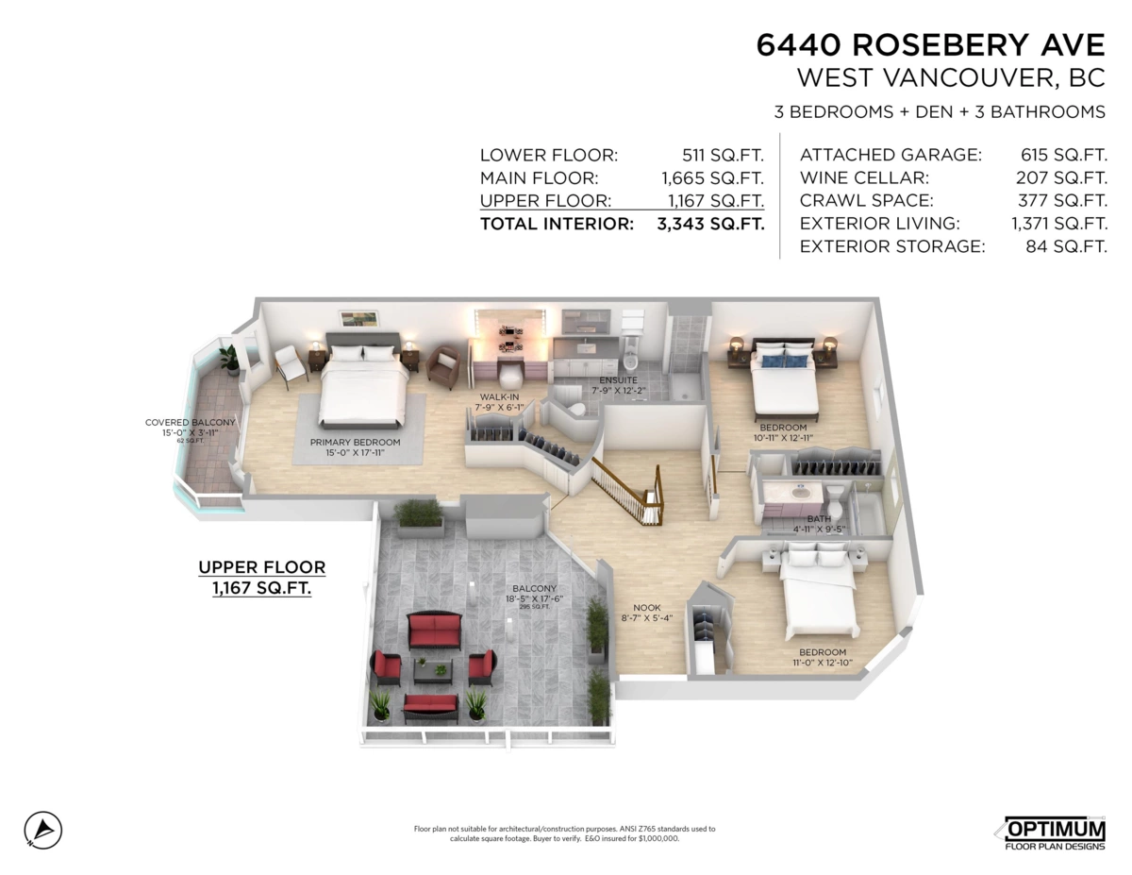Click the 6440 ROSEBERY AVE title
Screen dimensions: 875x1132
pyautogui.click(x=930, y=44)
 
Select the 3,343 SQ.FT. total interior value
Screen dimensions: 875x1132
pyautogui.click(x=709, y=224)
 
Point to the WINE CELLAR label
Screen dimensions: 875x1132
pyautogui.click(x=864, y=177)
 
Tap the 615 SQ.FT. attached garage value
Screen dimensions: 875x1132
pyautogui.click(x=1063, y=155)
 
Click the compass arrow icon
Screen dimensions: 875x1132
pyautogui.click(x=43, y=829)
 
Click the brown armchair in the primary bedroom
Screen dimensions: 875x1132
pyautogui.click(x=443, y=366)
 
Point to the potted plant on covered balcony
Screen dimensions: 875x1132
pyautogui.click(x=229, y=359)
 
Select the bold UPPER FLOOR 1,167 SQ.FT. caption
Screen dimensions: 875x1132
pyautogui.click(x=261, y=577)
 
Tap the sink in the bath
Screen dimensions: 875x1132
pyautogui.click(x=800, y=492)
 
